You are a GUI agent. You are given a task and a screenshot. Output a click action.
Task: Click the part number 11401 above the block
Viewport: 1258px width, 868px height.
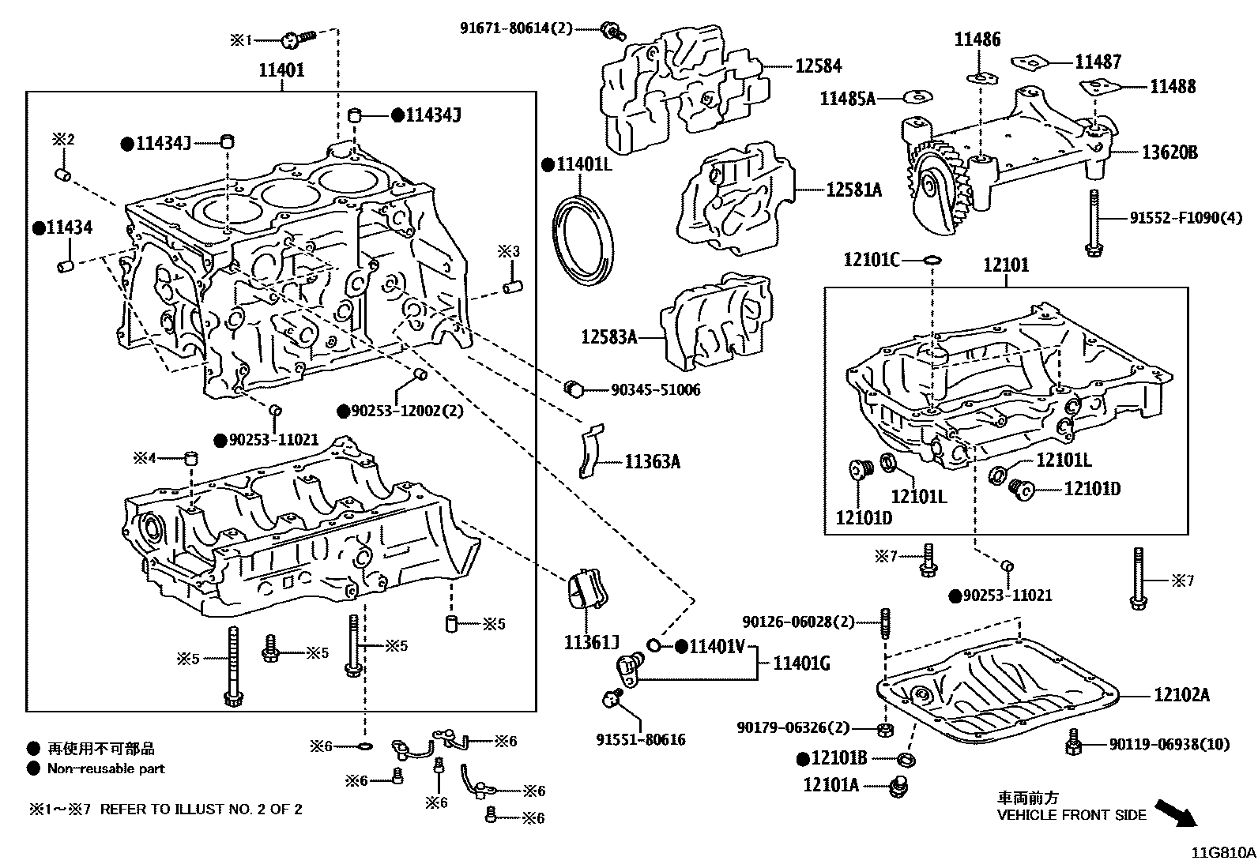coord(281,70)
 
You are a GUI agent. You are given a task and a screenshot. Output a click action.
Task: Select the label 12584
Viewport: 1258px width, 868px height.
coord(818,66)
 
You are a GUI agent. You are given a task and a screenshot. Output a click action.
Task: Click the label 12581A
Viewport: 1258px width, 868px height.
coord(853,190)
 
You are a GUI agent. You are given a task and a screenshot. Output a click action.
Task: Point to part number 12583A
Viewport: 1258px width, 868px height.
coord(608,337)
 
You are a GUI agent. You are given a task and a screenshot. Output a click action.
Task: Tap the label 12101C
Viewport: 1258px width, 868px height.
coord(872,259)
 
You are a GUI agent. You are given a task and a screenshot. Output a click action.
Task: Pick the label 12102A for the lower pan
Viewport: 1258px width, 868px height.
coord(1181,695)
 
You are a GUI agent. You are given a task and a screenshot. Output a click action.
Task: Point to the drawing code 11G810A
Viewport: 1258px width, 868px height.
coord(1223,853)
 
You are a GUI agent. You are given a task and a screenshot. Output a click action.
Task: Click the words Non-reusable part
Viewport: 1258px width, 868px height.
coord(106,768)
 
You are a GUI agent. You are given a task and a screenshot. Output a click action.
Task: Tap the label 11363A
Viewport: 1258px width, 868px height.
coord(652,461)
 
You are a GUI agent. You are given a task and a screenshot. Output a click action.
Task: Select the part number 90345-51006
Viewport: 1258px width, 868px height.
coord(655,390)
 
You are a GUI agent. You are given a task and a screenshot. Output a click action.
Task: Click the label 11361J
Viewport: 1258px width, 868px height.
coord(591,642)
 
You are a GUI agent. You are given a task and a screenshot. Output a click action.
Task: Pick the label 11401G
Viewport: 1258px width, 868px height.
coord(800,663)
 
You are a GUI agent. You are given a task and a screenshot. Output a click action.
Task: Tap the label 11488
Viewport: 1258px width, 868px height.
coord(1173,86)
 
